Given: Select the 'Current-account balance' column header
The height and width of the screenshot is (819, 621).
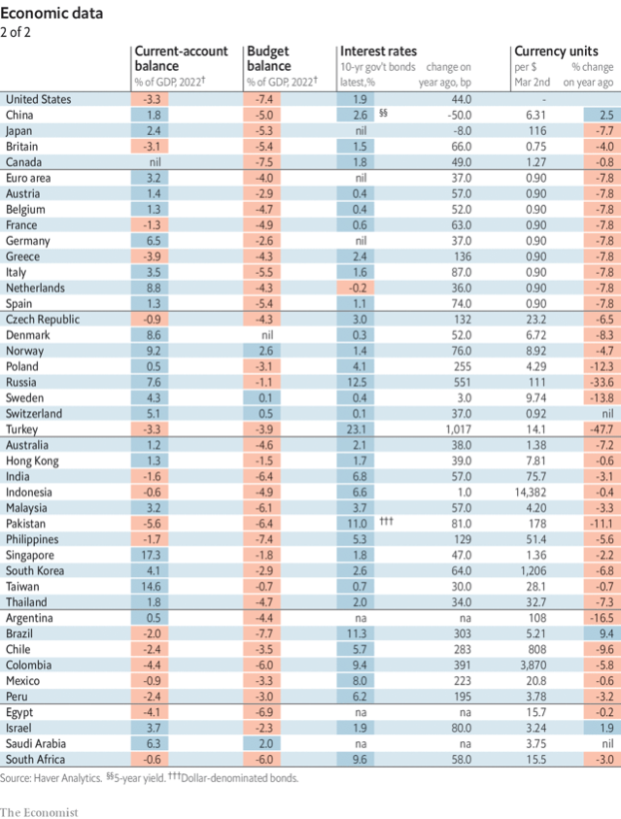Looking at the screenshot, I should tap(180, 57).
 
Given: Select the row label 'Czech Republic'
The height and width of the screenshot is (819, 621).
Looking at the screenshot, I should tap(44, 319).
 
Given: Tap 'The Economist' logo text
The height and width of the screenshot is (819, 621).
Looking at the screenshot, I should tap(39, 810).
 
